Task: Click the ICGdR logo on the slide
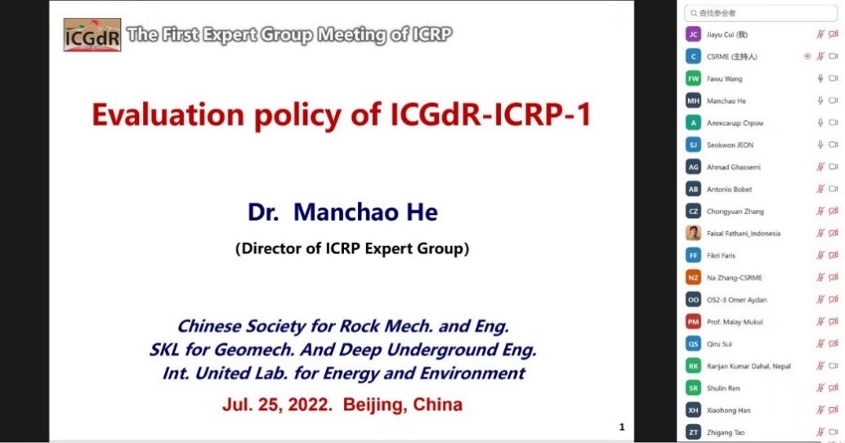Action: tap(92, 35)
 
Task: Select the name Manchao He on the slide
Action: tap(365, 212)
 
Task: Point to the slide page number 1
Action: tap(622, 427)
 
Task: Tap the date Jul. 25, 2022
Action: tap(277, 405)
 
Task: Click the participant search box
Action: tap(760, 13)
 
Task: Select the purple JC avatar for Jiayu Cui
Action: tap(693, 34)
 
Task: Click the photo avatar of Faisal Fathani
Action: tap(693, 234)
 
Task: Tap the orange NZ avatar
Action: tap(693, 278)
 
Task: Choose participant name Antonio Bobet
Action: tap(729, 189)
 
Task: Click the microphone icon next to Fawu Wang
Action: tap(820, 78)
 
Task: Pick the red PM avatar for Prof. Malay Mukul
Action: tap(693, 322)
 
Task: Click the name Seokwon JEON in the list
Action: tap(731, 145)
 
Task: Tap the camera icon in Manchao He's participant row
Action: tap(833, 101)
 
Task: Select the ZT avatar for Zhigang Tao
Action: tap(693, 432)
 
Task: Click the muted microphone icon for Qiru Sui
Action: tap(820, 344)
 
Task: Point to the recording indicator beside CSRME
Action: tap(807, 56)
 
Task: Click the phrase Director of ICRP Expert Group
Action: tap(352, 248)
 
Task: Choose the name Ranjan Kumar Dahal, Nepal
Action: tap(749, 366)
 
